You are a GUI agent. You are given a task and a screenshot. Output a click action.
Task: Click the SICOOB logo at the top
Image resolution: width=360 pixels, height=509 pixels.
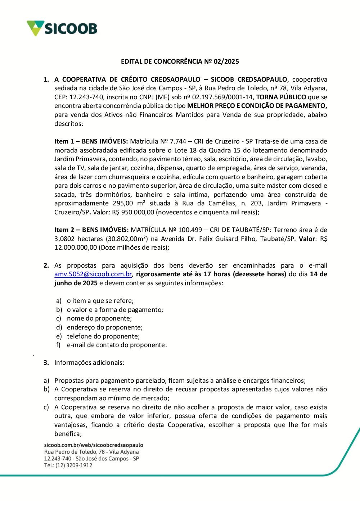click(x=62, y=28)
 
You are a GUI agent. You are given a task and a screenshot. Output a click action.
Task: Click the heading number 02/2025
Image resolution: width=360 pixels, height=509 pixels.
click(x=226, y=62)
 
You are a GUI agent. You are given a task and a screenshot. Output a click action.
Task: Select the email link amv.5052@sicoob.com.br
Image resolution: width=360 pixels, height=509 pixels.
click(x=93, y=274)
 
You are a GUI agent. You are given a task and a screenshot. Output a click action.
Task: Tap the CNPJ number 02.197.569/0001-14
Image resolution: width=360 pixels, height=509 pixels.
click(x=223, y=97)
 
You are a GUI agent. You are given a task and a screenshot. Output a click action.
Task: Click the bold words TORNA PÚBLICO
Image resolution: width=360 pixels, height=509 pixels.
click(x=281, y=97)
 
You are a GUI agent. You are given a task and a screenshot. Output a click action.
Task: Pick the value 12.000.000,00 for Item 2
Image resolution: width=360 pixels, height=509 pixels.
click(x=76, y=247)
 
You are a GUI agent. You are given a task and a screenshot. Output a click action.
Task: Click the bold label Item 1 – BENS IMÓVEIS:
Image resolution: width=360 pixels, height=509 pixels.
click(x=91, y=141)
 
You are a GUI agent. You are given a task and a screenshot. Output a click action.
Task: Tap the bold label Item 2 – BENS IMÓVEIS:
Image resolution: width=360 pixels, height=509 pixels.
click(x=91, y=230)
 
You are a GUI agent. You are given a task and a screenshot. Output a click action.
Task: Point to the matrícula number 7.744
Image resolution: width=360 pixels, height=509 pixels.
click(x=178, y=141)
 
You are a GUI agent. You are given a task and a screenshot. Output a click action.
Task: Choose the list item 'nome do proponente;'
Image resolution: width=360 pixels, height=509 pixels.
click(x=99, y=318)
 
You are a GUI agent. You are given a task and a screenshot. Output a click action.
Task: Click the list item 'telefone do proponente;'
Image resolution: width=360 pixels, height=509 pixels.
click(x=103, y=336)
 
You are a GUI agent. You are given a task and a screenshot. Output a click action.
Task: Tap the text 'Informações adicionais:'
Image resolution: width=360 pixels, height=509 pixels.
click(x=89, y=363)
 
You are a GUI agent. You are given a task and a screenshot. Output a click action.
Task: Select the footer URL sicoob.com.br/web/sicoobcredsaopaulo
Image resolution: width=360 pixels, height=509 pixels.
click(x=94, y=445)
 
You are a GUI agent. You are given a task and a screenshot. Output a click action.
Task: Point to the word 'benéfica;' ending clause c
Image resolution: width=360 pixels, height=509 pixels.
click(x=68, y=434)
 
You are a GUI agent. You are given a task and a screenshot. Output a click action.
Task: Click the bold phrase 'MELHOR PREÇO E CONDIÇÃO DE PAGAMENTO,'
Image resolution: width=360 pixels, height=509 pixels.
click(x=257, y=106)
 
